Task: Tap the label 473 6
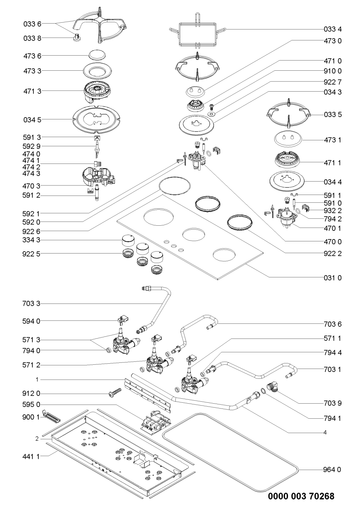click(32, 56)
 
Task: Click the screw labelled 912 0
click(115, 393)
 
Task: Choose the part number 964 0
click(333, 470)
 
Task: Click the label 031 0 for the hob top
click(333, 278)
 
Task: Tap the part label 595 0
click(32, 405)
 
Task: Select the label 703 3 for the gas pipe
click(32, 304)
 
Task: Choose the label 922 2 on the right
click(333, 253)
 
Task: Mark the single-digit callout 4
click(325, 432)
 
